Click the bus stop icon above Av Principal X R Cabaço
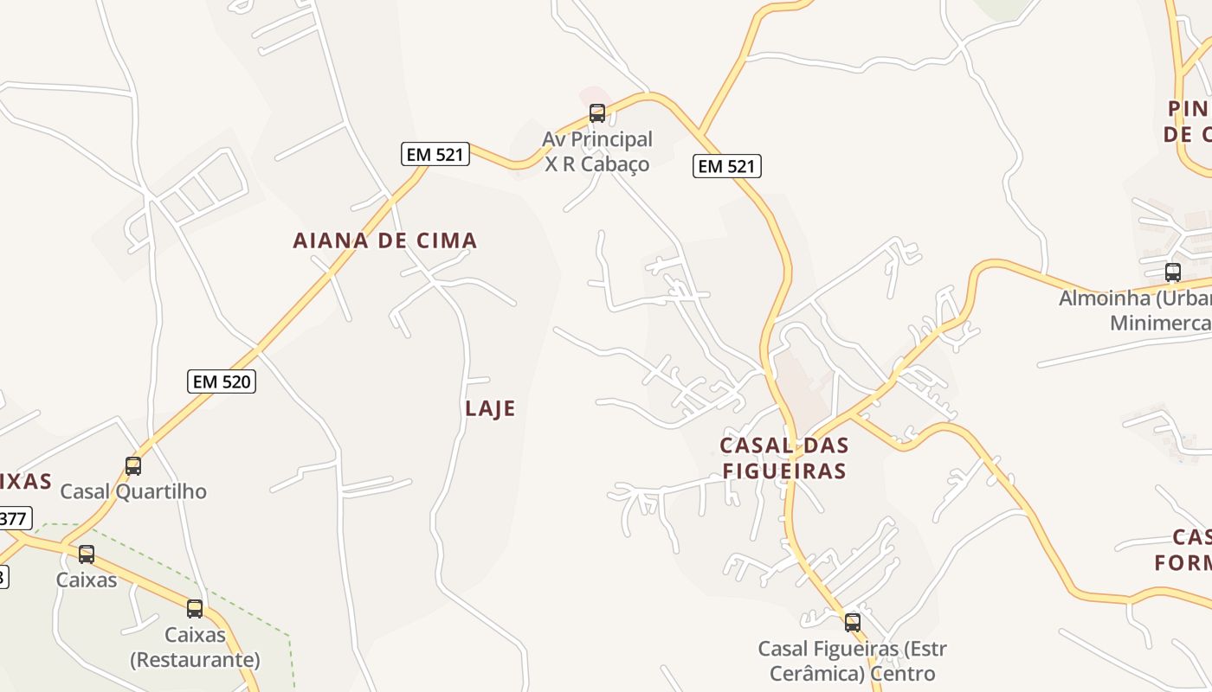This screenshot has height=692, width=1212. (597, 112)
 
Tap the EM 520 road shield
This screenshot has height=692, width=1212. (222, 381)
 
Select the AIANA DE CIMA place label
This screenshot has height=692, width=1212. (384, 240)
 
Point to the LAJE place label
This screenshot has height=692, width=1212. (490, 408)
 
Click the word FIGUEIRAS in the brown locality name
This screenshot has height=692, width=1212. (783, 471)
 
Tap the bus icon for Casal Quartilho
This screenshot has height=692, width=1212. (133, 465)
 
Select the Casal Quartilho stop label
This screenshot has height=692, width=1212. (133, 491)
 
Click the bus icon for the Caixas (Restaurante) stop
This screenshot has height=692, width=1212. (195, 608)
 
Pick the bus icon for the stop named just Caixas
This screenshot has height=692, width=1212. (87, 554)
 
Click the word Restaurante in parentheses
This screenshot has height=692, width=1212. (195, 660)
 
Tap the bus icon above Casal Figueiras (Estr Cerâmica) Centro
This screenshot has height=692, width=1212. (853, 622)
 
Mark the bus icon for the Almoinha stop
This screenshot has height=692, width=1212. (1173, 272)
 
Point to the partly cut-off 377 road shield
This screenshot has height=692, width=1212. (14, 519)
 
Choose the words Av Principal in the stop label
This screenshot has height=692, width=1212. (597, 139)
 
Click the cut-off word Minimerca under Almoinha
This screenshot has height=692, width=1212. (1160, 323)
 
